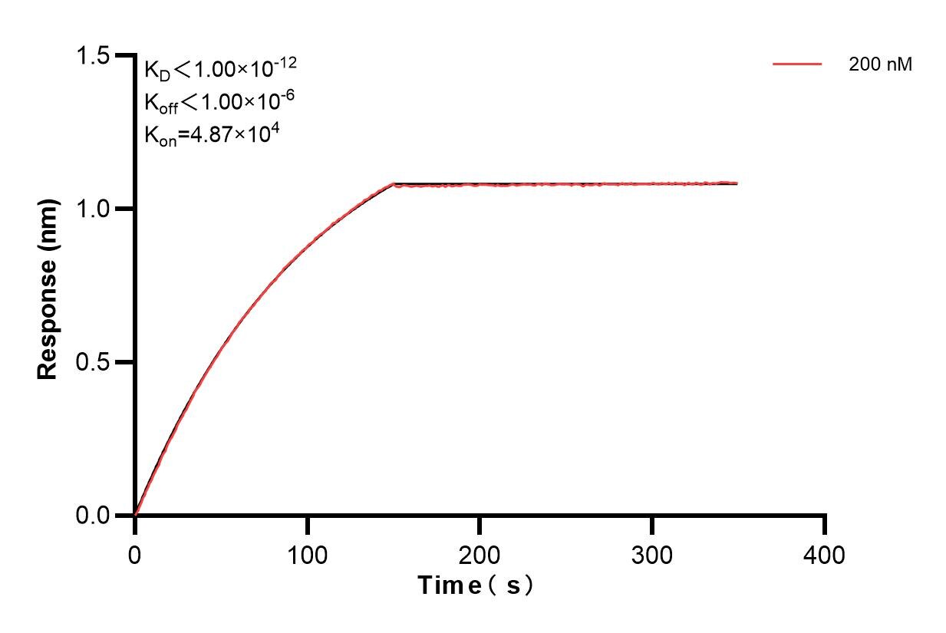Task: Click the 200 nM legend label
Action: (x=880, y=65)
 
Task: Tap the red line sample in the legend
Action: (x=797, y=64)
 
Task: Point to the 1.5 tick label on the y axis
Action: (x=92, y=56)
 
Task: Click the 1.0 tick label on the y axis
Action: (x=92, y=209)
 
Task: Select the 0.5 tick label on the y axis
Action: (x=92, y=362)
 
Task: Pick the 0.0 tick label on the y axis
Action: (x=92, y=515)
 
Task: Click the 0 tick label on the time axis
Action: (x=135, y=553)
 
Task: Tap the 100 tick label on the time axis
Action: (x=307, y=553)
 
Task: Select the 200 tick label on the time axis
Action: (x=480, y=553)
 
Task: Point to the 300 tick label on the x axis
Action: (x=652, y=553)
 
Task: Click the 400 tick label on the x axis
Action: (x=825, y=553)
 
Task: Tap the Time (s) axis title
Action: (x=475, y=586)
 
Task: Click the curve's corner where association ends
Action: (x=394, y=184)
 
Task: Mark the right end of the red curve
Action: (x=737, y=183)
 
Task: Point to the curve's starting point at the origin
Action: (x=136, y=514)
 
